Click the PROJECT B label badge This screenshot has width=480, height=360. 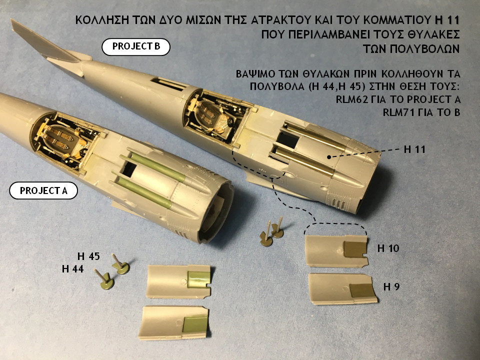pyautogui.click(x=136, y=47)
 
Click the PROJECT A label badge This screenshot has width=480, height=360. pyautogui.click(x=43, y=190)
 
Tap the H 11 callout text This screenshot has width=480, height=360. pyautogui.click(x=414, y=149)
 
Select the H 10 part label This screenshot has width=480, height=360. pyautogui.click(x=388, y=248)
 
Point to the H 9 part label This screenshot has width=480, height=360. pyautogui.click(x=391, y=287)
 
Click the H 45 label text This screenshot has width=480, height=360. pyautogui.click(x=88, y=256)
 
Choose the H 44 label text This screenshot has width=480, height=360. pyautogui.click(x=72, y=269)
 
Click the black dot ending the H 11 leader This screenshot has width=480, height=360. pyautogui.click(x=329, y=157)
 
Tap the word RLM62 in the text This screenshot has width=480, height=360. pyautogui.click(x=352, y=99)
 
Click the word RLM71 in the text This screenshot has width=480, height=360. pyautogui.click(x=398, y=112)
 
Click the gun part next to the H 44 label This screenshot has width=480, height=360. pyautogui.click(x=104, y=280)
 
